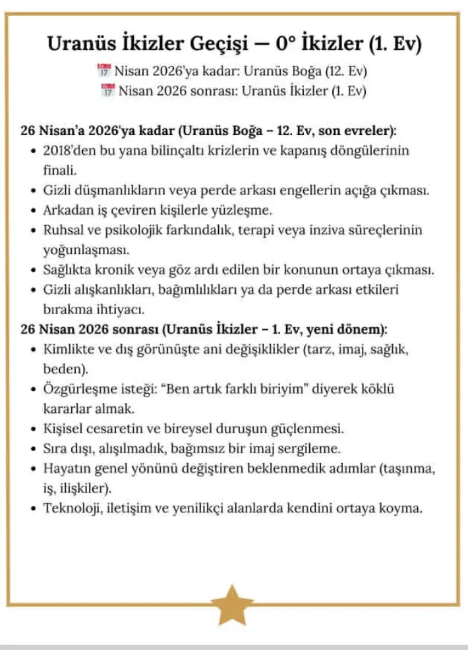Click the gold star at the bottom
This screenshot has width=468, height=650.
tap(232, 604)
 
